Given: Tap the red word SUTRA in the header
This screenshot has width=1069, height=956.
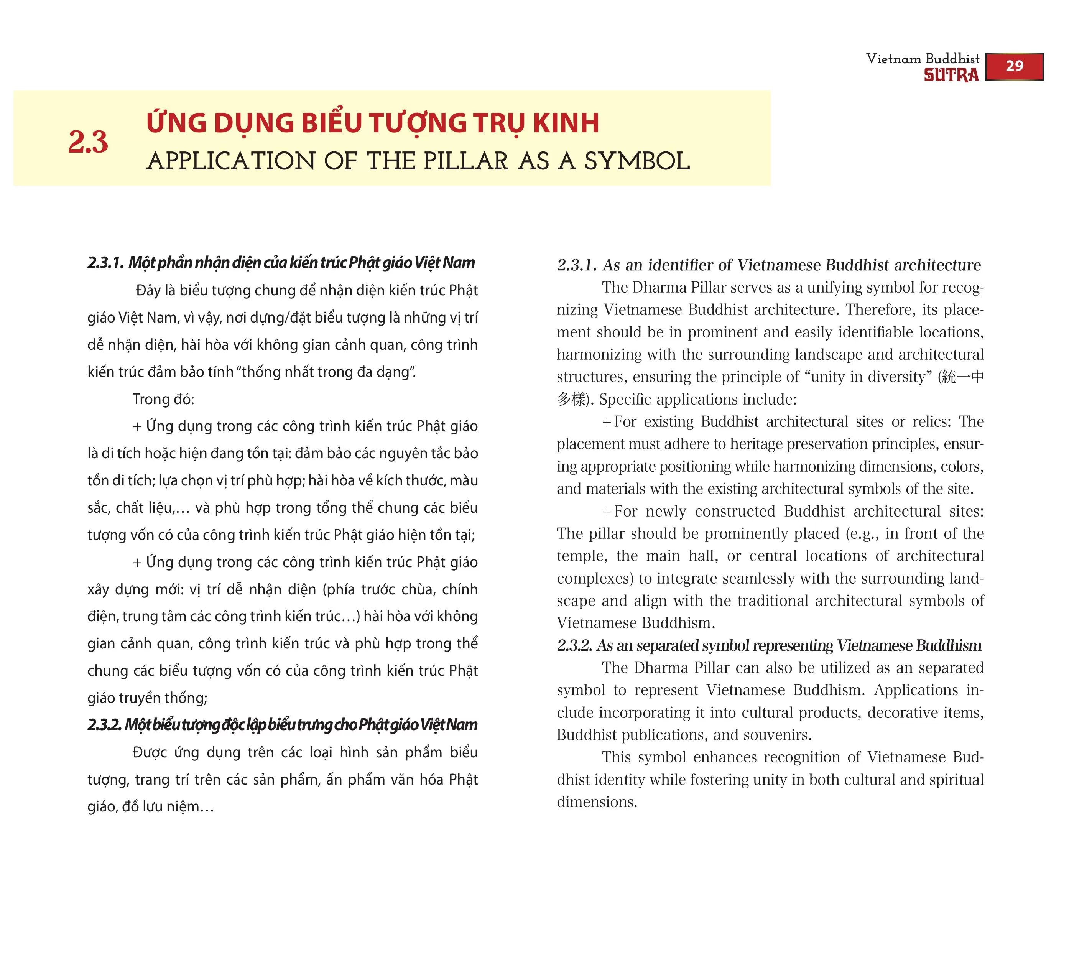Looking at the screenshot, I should (951, 76).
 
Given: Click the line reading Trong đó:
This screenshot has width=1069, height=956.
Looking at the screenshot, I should (163, 399).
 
